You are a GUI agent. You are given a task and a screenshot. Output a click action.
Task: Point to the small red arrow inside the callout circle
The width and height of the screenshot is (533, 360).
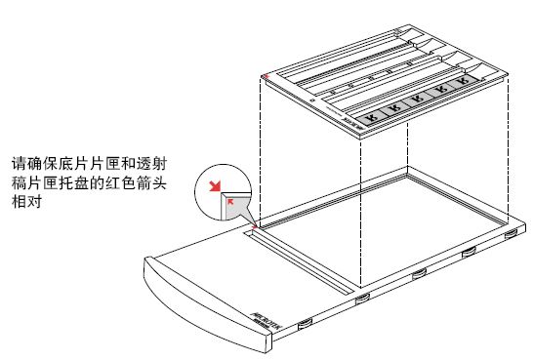(229, 203)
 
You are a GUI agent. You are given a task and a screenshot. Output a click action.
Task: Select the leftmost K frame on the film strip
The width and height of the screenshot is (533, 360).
(370, 115)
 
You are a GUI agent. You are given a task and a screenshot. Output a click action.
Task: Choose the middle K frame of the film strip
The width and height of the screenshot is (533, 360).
(420, 103)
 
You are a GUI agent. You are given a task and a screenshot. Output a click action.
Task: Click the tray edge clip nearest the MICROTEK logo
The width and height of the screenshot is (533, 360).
(306, 321)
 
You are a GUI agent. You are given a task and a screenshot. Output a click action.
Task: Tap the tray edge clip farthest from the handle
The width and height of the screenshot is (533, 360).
(511, 235)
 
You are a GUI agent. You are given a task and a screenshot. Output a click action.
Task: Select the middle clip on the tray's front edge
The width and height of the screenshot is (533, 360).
(418, 274)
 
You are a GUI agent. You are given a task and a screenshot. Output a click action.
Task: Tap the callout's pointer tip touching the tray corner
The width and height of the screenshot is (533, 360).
(257, 226)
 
